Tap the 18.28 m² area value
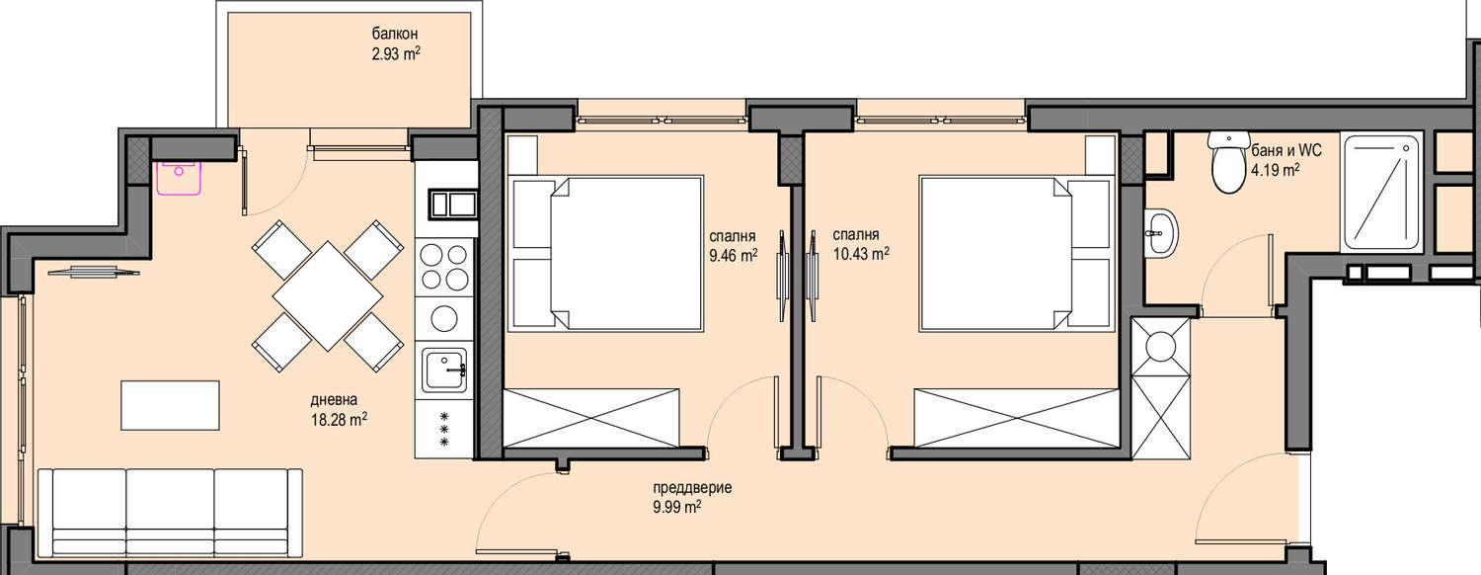[x=340, y=419]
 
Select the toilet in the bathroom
[x=1228, y=162]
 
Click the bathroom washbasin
[x=1161, y=233]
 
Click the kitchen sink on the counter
[x=446, y=370]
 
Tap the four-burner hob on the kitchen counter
[x=444, y=267]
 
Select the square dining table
[x=327, y=295]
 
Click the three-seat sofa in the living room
[x=170, y=513]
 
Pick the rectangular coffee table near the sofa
[x=170, y=405]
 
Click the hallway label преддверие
[x=692, y=488]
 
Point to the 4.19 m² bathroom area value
[x=1276, y=170]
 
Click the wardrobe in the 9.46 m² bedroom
[x=591, y=418]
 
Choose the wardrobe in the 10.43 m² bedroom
[x=1016, y=418]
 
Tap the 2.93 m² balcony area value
[x=396, y=53]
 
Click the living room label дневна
[x=334, y=400]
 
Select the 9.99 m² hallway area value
[x=677, y=507]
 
